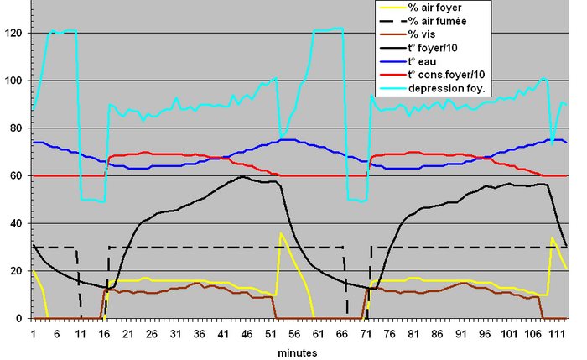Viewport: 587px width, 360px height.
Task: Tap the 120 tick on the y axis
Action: (13, 34)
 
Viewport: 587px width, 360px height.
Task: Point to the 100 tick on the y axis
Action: (13, 81)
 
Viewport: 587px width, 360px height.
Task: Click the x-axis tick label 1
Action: (33, 332)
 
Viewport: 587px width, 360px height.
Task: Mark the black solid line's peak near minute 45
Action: (242, 176)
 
